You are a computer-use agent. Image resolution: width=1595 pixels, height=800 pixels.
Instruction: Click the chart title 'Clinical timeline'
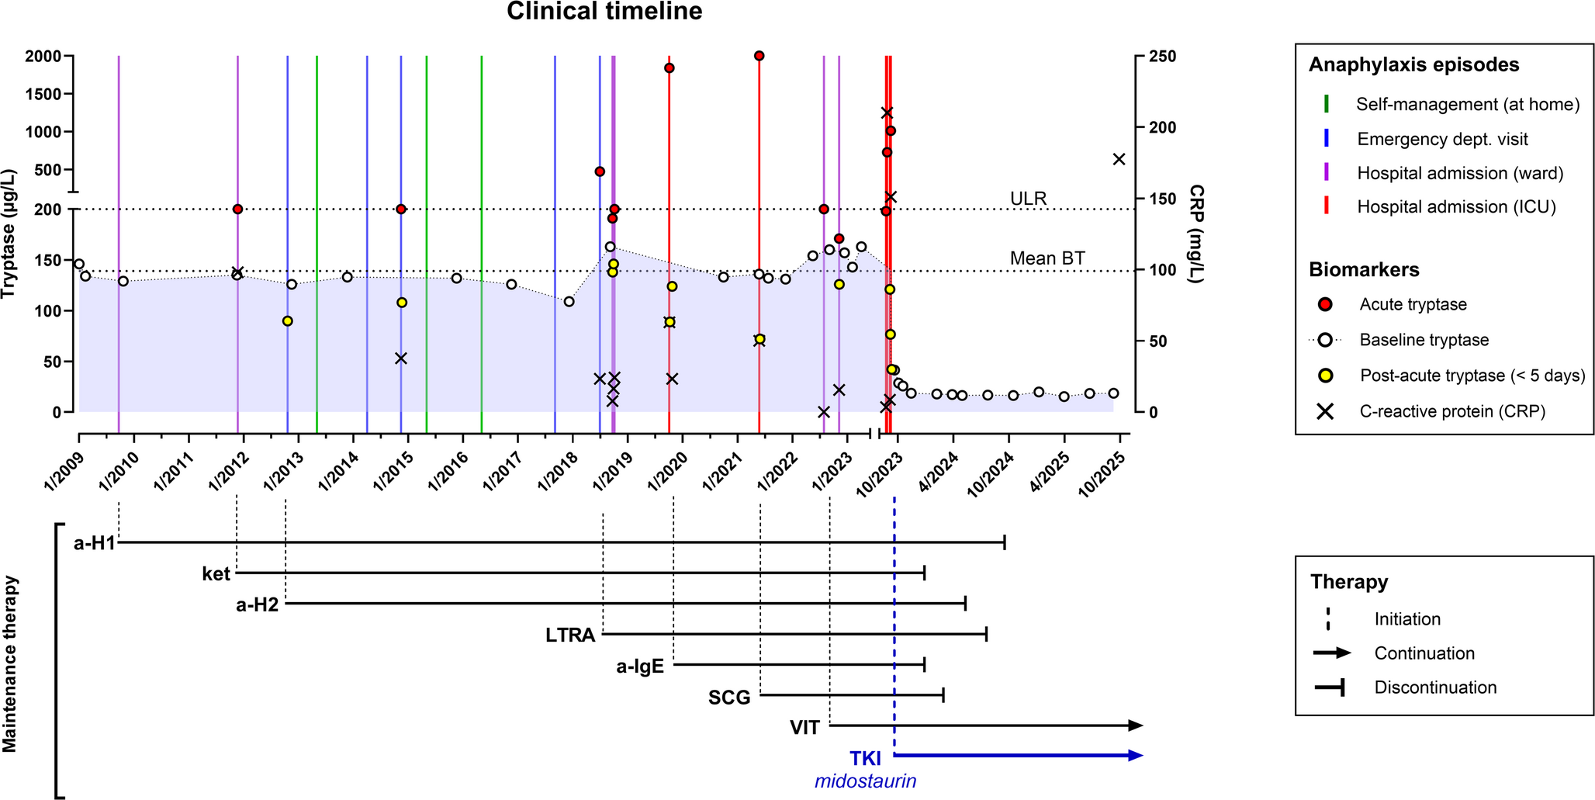click(604, 12)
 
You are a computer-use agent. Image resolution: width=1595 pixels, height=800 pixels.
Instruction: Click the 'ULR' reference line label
click(1028, 199)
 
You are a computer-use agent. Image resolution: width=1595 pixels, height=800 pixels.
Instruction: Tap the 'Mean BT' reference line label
click(1047, 258)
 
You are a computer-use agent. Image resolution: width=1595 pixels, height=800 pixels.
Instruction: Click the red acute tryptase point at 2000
click(759, 56)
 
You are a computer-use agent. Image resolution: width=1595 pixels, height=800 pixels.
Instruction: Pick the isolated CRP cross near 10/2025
click(1119, 159)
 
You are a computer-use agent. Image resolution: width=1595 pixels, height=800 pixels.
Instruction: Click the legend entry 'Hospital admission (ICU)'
click(1456, 206)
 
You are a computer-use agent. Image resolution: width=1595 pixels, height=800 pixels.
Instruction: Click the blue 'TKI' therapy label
click(865, 758)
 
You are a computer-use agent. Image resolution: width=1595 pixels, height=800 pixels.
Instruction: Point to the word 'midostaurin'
click(865, 781)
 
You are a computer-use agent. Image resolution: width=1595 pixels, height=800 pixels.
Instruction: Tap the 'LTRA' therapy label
click(570, 635)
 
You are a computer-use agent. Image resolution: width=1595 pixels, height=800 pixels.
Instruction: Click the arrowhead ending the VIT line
click(1136, 726)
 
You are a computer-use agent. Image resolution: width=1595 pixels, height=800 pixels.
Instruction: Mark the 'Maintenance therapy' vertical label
click(9, 664)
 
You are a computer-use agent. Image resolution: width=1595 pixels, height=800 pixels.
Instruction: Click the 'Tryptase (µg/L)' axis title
click(9, 234)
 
